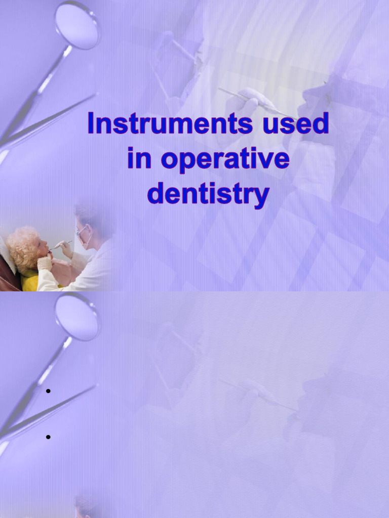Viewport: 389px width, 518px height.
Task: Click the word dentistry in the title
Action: tap(208, 194)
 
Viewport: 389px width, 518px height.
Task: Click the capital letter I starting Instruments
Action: tap(92, 123)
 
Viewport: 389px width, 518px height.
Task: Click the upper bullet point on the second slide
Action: tap(48, 391)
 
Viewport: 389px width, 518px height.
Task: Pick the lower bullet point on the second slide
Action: tap(48, 437)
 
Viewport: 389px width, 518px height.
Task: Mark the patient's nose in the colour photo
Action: tap(47, 243)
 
